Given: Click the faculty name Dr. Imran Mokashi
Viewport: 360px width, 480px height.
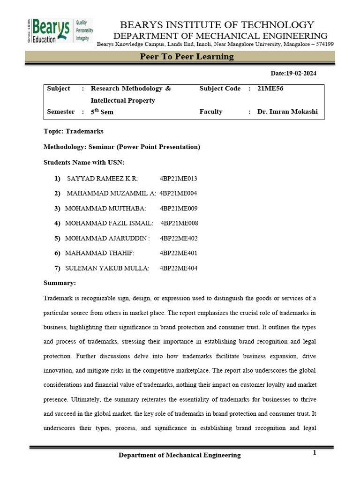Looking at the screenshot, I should point(287,112).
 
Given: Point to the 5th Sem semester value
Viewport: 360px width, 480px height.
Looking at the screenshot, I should point(102,112).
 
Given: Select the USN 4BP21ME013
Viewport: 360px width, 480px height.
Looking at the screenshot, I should point(179,178).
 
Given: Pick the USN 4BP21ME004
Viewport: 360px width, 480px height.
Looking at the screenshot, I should point(178,193).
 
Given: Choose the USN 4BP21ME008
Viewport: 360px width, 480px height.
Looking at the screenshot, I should point(180,223).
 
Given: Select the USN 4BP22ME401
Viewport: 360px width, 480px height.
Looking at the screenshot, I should point(179,253).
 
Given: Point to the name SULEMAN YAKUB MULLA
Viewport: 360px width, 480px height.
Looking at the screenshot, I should point(107,268).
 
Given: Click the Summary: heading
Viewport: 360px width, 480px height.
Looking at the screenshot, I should point(60,283).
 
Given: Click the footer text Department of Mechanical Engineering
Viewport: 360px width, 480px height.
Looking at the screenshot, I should point(180,455).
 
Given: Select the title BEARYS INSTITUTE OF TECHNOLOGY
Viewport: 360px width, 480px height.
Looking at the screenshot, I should point(217,25).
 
